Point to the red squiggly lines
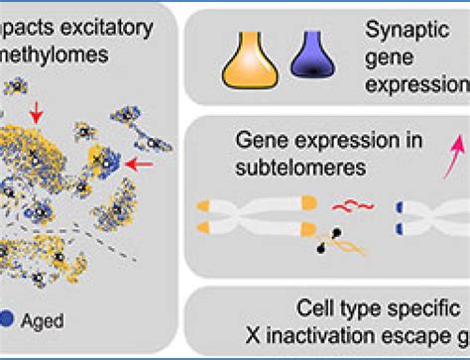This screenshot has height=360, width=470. point(352,209)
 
